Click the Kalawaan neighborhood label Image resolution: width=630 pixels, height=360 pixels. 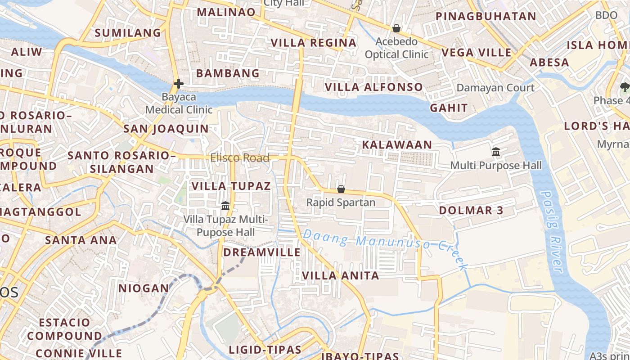[397, 145]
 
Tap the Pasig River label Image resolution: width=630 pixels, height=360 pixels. [552, 232]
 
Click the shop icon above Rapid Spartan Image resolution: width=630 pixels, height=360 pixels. [341, 189]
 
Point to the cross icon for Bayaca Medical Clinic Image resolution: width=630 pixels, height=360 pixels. [179, 84]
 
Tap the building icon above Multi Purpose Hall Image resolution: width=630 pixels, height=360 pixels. [496, 152]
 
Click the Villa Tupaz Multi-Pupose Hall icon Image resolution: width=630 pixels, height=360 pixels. [225, 206]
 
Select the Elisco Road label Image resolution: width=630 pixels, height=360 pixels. [240, 158]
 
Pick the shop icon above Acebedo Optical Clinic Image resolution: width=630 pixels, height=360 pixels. [396, 29]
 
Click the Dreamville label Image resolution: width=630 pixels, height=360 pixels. [262, 252]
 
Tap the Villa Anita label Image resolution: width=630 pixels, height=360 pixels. [341, 276]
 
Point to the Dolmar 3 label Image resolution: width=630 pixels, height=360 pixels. [471, 211]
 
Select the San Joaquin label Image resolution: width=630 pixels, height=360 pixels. [166, 129]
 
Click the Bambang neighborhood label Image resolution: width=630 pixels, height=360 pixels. [228, 73]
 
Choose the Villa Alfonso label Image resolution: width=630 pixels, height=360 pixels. [374, 87]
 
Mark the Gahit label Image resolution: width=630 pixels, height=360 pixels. [449, 108]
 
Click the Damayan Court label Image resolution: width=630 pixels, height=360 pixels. [495, 88]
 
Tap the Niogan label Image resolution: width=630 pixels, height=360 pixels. [144, 288]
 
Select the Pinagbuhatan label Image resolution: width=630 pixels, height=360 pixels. [486, 17]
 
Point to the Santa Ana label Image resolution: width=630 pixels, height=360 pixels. [81, 240]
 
